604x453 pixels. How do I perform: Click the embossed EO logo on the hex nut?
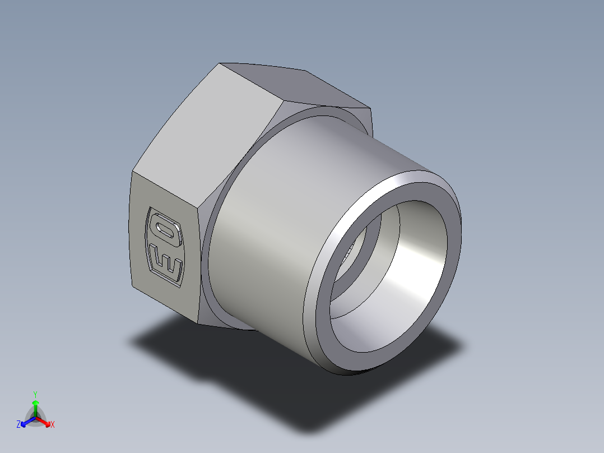pos(165,247)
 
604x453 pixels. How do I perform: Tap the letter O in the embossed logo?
pos(165,230)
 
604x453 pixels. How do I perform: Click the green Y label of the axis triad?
pos(35,394)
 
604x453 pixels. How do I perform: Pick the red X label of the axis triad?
pos(53,425)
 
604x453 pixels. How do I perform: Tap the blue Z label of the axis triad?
pos(18,425)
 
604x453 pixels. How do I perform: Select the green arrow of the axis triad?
pos(35,406)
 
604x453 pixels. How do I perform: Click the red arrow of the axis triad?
pos(45,422)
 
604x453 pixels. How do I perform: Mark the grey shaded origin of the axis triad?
pos(35,418)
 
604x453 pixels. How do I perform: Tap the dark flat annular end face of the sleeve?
pos(319,314)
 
